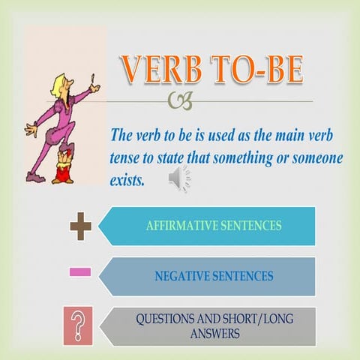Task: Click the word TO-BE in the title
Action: click(255, 70)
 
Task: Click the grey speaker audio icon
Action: click(180, 178)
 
